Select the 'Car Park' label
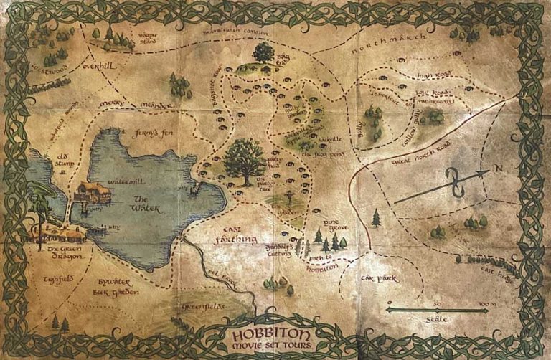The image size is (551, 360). (x=381, y=276)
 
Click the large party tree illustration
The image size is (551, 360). (x=245, y=158)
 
